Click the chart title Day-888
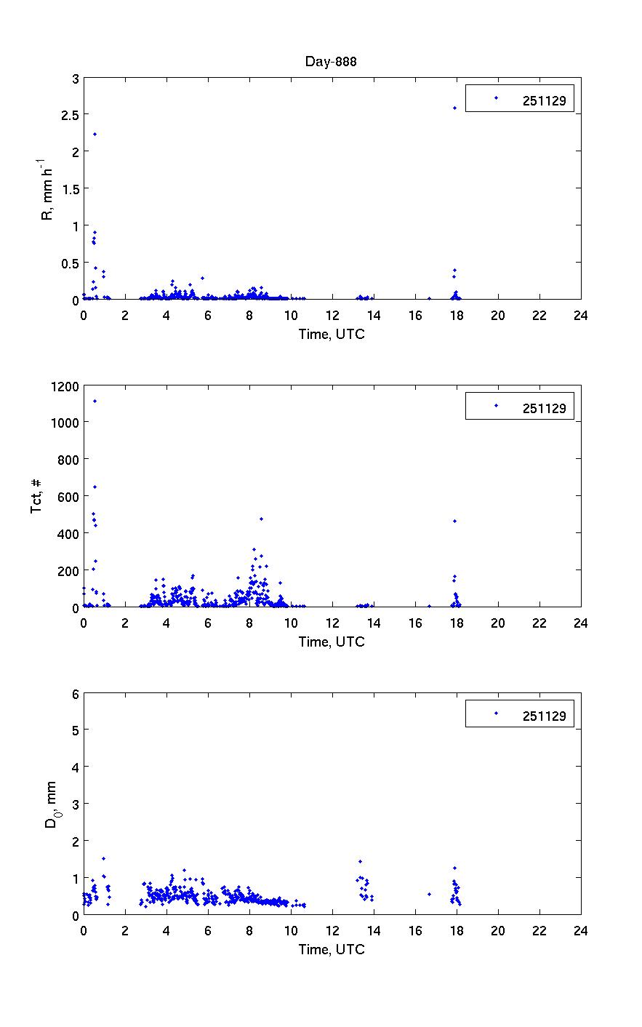[331, 62]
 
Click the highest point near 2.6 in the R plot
[454, 108]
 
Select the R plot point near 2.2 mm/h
[95, 134]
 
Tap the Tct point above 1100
[95, 401]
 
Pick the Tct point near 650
[95, 487]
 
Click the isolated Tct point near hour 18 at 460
[454, 521]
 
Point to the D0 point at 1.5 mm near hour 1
[103, 858]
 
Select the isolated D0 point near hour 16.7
[429, 894]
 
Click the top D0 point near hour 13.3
[360, 861]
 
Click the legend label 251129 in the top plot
[544, 101]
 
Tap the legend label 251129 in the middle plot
[544, 409]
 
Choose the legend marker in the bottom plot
[496, 714]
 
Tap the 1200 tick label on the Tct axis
[63, 385]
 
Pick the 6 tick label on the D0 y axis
[74, 693]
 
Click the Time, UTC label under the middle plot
[332, 642]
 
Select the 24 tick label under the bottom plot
[580, 931]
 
